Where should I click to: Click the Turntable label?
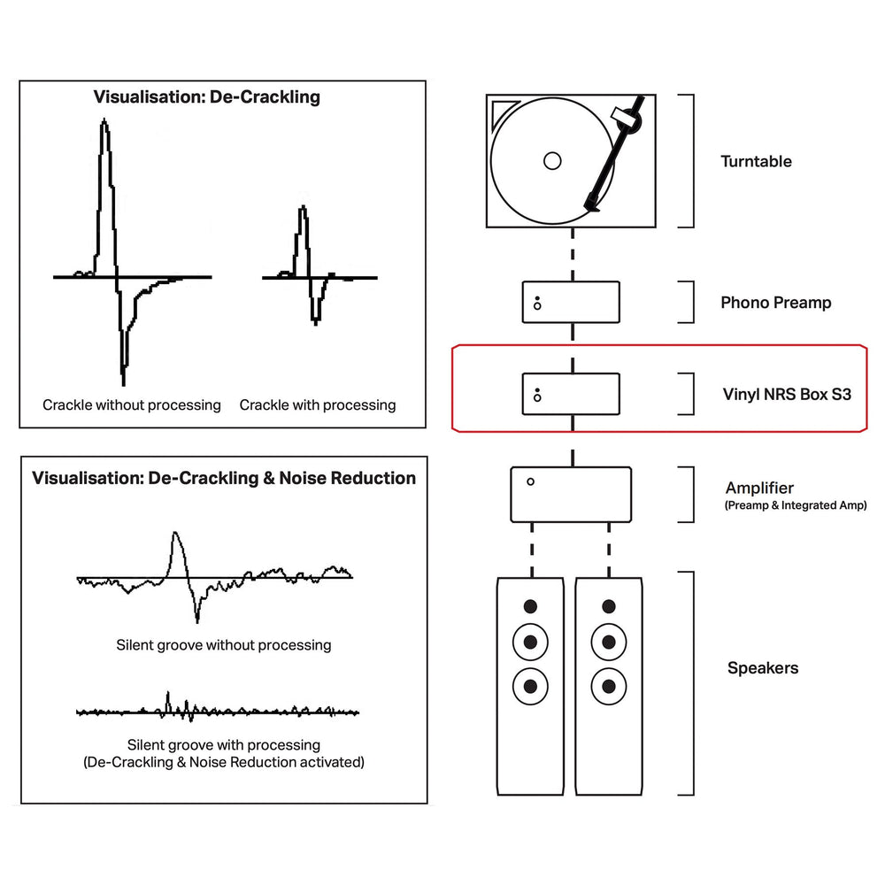pyautogui.click(x=756, y=161)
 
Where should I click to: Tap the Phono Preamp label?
pyautogui.click(x=775, y=303)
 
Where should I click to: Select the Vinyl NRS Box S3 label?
pyautogui.click(x=787, y=394)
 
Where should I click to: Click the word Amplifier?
pyautogui.click(x=759, y=488)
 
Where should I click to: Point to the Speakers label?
pyautogui.click(x=762, y=668)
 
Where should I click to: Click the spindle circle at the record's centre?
pyautogui.click(x=552, y=161)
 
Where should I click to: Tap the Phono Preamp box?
pyautogui.click(x=571, y=303)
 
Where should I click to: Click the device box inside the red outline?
pyautogui.click(x=571, y=394)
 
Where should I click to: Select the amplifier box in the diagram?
pyautogui.click(x=571, y=495)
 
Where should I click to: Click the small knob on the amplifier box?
pyautogui.click(x=530, y=482)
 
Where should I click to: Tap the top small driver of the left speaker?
pyautogui.click(x=529, y=607)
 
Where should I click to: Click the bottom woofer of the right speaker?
pyautogui.click(x=608, y=684)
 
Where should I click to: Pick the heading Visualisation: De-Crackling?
pyautogui.click(x=207, y=97)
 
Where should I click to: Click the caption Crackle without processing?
pyautogui.click(x=132, y=405)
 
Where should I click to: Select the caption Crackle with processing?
pyautogui.click(x=318, y=405)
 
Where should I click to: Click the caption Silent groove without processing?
pyautogui.click(x=224, y=645)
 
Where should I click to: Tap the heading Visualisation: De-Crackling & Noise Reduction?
pyautogui.click(x=224, y=479)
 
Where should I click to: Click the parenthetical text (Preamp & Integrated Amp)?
pyautogui.click(x=796, y=505)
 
